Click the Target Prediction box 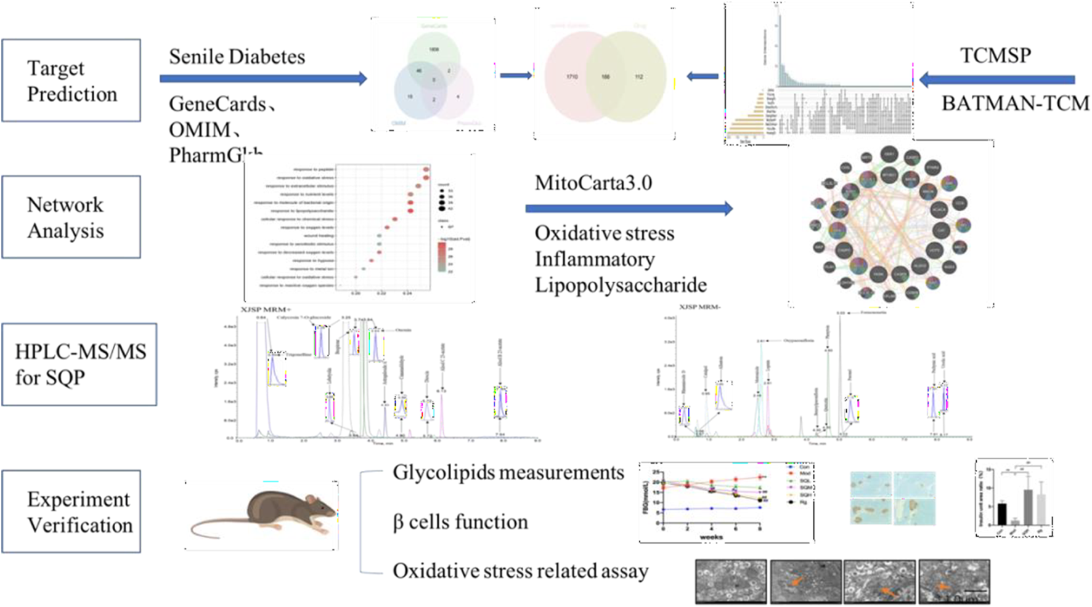tap(71, 81)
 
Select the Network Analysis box tap(71, 217)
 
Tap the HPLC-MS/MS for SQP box tap(79, 364)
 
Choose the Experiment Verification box tap(71, 512)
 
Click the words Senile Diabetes tap(237, 57)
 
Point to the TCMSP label tap(995, 55)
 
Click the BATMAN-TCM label tap(1015, 103)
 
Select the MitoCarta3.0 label tap(593, 183)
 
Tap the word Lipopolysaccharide tap(621, 285)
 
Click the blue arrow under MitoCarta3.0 tap(629, 209)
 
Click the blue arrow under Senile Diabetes tap(263, 78)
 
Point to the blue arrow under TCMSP tap(996, 79)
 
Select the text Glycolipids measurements tap(508, 473)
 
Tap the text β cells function tap(460, 522)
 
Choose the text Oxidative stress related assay tap(521, 571)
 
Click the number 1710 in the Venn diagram tap(572, 77)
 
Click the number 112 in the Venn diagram tap(639, 77)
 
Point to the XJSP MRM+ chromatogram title tap(266, 309)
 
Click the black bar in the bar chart tap(1001, 513)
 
